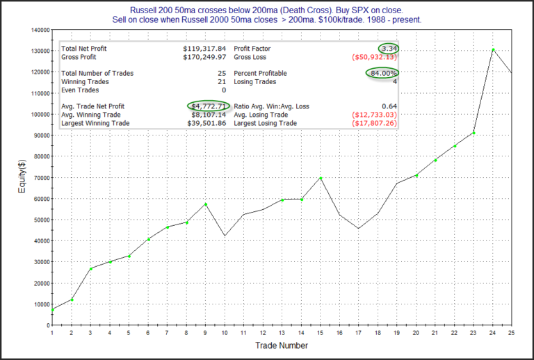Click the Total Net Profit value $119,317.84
coord(204,49)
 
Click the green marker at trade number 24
coord(494,50)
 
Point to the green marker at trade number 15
coord(321,179)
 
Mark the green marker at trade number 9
coord(205,204)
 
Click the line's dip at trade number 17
coord(359,229)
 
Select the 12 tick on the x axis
coord(263,332)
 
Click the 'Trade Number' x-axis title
coord(282,345)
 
